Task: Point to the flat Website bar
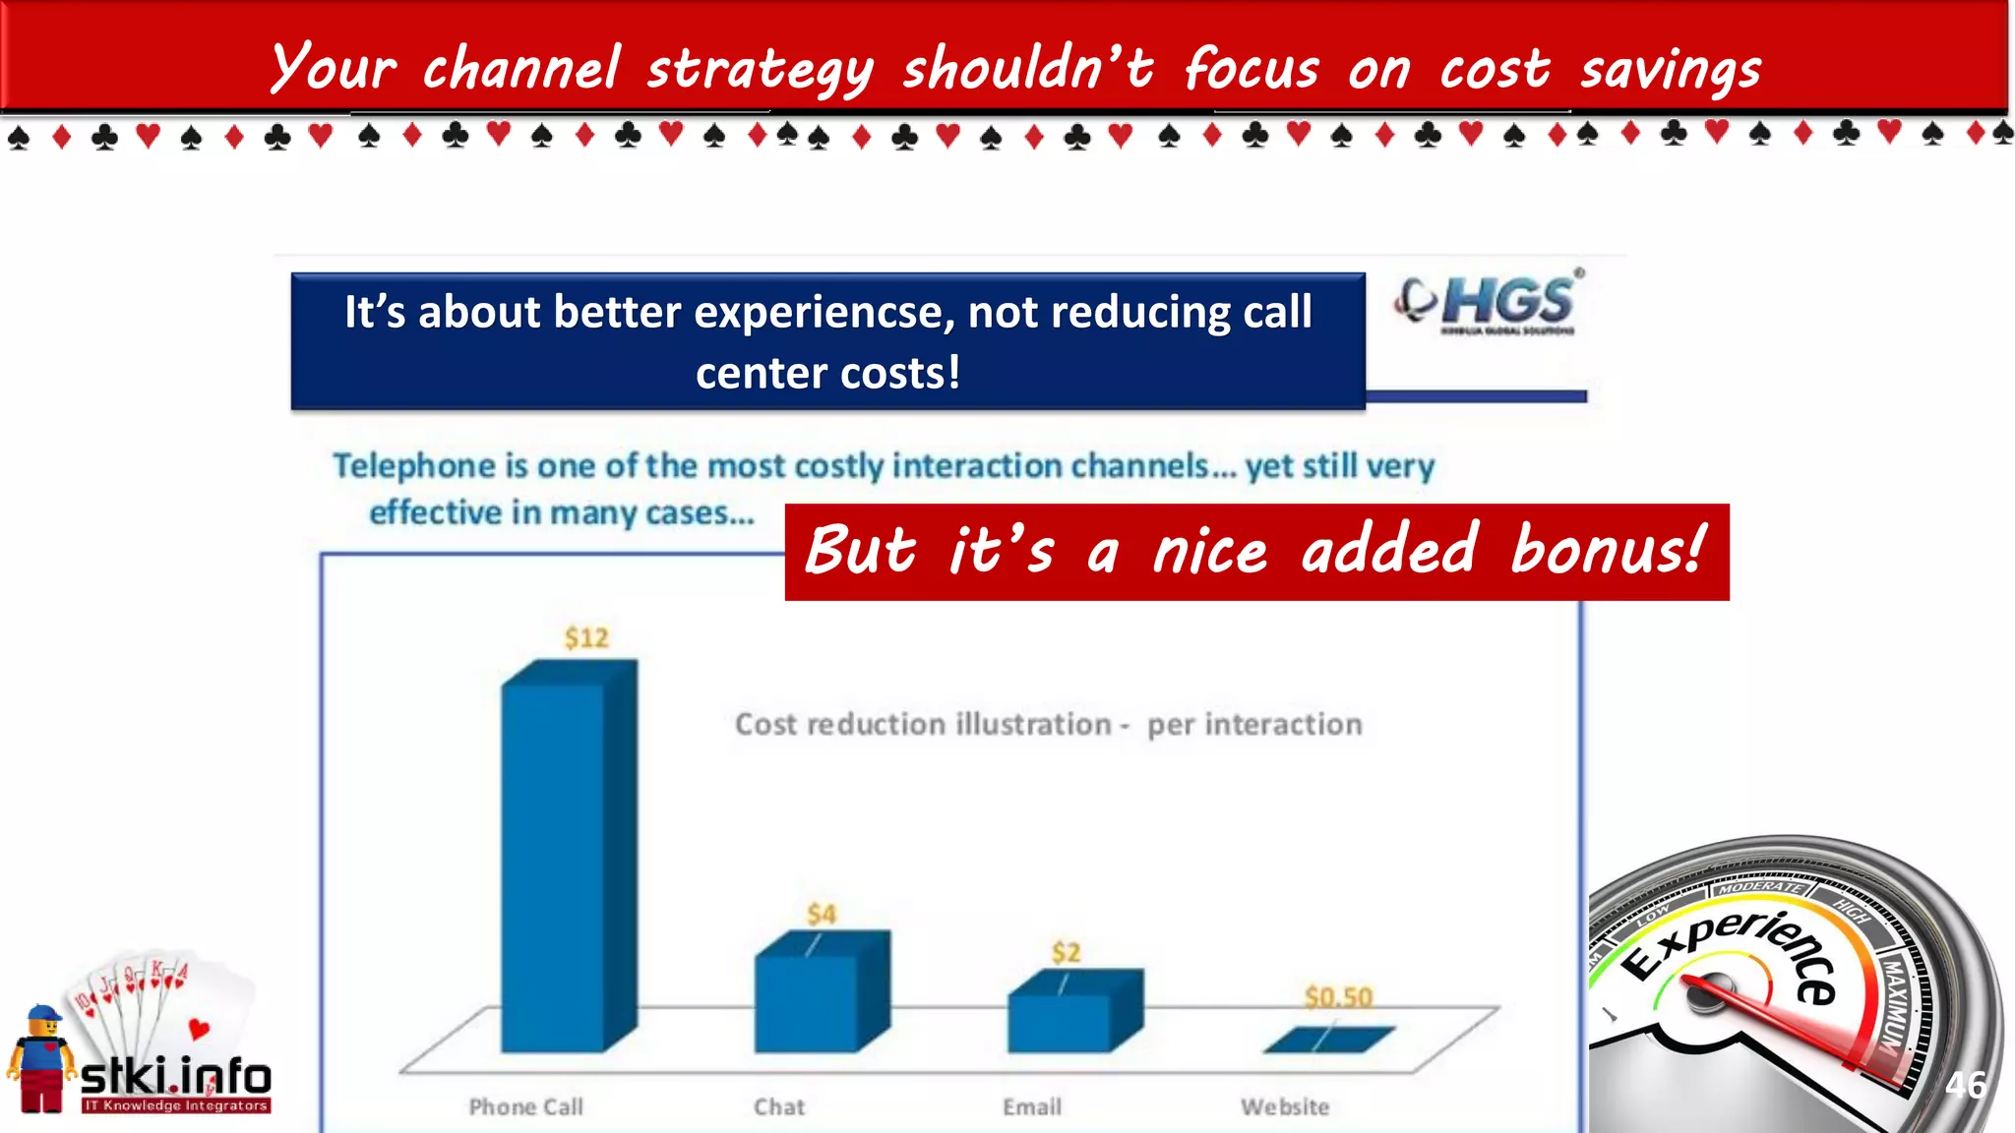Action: (x=1328, y=1039)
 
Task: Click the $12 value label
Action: (x=586, y=638)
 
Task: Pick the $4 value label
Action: (x=822, y=915)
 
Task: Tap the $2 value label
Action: (x=1066, y=952)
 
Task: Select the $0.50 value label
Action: (x=1338, y=997)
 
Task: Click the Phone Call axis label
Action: (x=526, y=1107)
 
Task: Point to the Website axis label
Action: (x=1285, y=1107)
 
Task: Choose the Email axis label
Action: (x=1032, y=1107)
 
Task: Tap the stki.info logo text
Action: (x=175, y=1078)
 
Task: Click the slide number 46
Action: (x=1965, y=1085)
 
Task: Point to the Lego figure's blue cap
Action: (x=43, y=1014)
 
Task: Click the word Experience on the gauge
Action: (x=1732, y=949)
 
